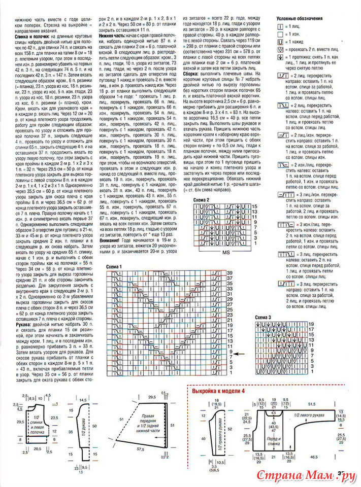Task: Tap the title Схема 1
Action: coord(115,267)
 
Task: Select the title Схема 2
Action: coord(202,201)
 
